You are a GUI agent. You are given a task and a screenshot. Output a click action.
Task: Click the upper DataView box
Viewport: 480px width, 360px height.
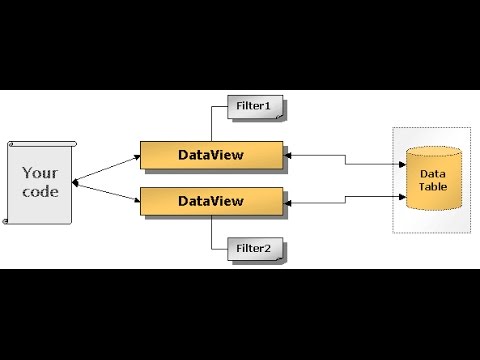[x=210, y=155]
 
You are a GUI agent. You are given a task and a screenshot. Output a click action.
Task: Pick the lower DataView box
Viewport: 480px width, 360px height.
[x=210, y=202]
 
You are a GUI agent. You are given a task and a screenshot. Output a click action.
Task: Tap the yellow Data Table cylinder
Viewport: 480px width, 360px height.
[x=433, y=180]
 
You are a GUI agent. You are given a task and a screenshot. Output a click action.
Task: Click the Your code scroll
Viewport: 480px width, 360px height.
[x=40, y=182]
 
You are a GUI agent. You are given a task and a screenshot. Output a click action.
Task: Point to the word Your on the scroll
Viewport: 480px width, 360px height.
[x=40, y=172]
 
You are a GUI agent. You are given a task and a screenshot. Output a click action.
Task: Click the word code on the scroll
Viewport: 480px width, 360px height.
[x=40, y=191]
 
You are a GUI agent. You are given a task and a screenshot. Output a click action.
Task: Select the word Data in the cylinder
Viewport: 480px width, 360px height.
[x=433, y=174]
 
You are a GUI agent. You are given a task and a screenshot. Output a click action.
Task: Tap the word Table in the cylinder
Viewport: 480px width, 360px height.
[x=433, y=187]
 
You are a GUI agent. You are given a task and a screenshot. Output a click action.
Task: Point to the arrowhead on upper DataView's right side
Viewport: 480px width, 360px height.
[x=288, y=155]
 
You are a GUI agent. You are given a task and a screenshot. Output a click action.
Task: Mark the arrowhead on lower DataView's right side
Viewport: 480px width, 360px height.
[x=288, y=203]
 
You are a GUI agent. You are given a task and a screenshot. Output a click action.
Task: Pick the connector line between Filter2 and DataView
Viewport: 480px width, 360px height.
[x=211, y=233]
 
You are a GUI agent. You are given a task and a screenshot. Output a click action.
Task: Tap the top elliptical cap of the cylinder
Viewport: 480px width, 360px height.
[x=433, y=154]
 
